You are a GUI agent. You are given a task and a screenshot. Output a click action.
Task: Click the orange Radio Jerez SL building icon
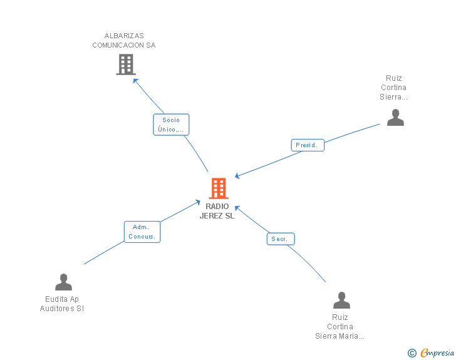(218, 188)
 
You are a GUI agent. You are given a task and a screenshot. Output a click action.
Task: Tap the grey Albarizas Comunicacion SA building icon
(126, 64)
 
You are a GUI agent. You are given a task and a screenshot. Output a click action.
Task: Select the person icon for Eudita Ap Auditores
(63, 282)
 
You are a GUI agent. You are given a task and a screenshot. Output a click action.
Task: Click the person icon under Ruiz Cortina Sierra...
(395, 117)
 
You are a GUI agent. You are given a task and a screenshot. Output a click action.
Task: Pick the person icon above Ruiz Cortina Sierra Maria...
(341, 301)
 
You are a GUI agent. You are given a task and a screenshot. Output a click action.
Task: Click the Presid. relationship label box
(308, 145)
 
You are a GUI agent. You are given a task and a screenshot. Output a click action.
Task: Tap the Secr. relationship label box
(281, 239)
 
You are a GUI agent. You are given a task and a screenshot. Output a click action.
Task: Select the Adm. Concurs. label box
(142, 232)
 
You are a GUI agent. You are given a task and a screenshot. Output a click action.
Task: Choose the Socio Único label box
(171, 125)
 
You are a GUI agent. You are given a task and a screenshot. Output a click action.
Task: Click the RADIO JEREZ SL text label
(217, 212)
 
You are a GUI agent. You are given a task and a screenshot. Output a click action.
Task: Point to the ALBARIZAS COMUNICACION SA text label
(124, 41)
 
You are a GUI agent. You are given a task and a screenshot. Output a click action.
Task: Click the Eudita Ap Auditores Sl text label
(62, 304)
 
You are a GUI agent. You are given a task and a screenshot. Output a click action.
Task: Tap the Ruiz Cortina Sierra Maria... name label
(340, 327)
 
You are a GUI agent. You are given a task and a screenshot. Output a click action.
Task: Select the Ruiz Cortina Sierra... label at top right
(393, 88)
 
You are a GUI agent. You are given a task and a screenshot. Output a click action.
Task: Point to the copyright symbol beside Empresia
(412, 354)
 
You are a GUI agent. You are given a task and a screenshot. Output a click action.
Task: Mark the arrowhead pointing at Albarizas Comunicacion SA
(135, 80)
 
